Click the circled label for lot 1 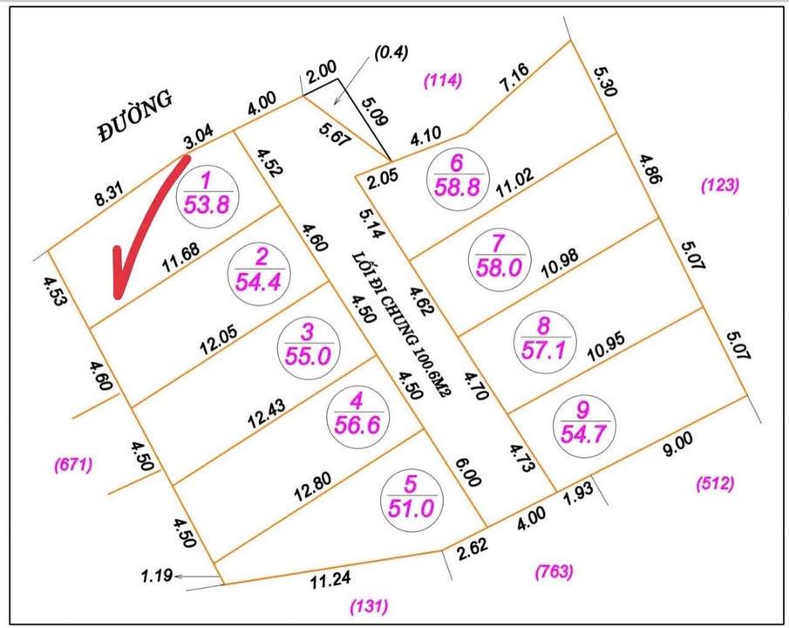coord(207,194)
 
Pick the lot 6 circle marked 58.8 coord(456,175)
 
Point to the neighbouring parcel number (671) coord(73,465)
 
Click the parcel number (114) coord(443,80)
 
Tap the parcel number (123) coord(720,185)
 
